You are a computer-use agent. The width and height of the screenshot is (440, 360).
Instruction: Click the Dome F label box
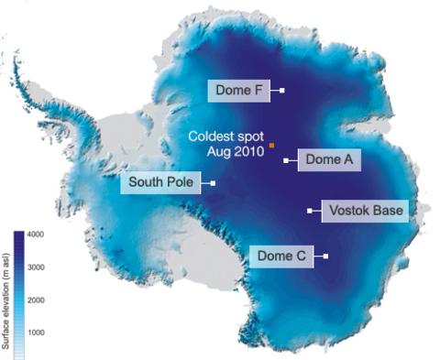[241, 90]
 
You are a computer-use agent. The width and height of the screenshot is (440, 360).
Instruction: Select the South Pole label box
[160, 183]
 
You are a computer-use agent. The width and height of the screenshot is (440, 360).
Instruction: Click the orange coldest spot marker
[271, 145]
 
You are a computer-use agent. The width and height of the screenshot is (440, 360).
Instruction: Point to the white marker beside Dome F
[282, 90]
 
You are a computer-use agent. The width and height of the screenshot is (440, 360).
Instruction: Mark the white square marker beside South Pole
[213, 183]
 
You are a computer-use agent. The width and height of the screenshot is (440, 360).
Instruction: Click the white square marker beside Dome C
[325, 256]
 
